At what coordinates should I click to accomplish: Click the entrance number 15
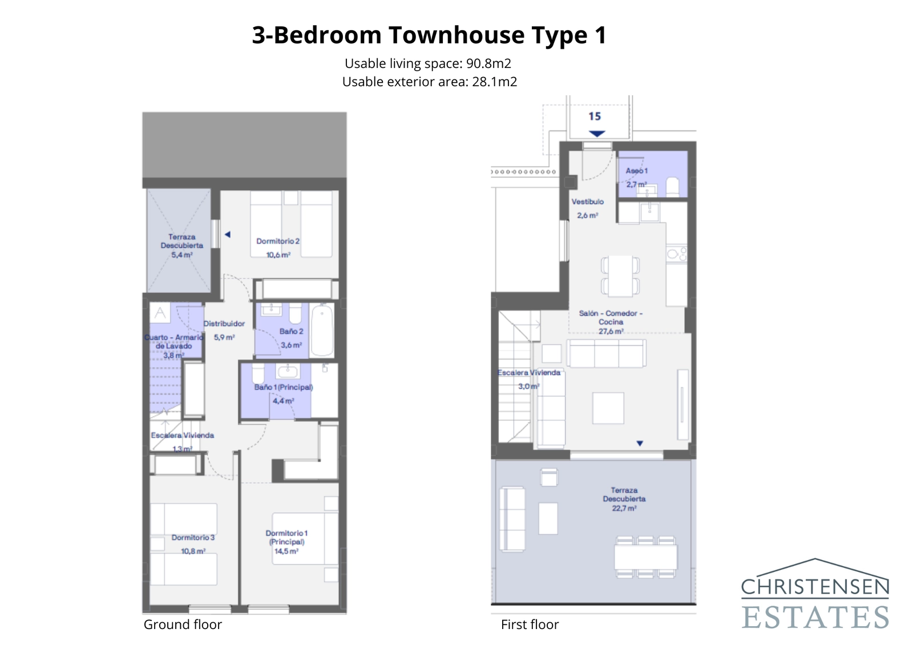[595, 116]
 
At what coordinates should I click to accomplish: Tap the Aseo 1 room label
[636, 171]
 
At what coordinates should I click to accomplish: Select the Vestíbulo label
[587, 202]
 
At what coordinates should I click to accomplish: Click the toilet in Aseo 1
[673, 187]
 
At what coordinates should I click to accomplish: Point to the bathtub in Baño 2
[323, 330]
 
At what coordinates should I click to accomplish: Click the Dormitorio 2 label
[277, 241]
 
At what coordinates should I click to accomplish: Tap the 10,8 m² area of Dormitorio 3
[193, 551]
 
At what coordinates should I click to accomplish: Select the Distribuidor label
[224, 323]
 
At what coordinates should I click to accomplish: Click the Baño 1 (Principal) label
[283, 387]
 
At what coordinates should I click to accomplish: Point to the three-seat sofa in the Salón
[606, 354]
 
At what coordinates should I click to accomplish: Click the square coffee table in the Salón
[608, 408]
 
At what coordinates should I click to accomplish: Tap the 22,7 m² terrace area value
[624, 508]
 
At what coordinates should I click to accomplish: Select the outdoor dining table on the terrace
[645, 557]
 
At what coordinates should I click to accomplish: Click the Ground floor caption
[183, 624]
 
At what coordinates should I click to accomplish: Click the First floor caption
[530, 624]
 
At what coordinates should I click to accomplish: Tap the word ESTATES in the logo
[815, 617]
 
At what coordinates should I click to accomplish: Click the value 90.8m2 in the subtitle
[488, 63]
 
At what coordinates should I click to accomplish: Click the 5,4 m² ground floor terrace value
[181, 255]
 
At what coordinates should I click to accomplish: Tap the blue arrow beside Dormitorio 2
[227, 234]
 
